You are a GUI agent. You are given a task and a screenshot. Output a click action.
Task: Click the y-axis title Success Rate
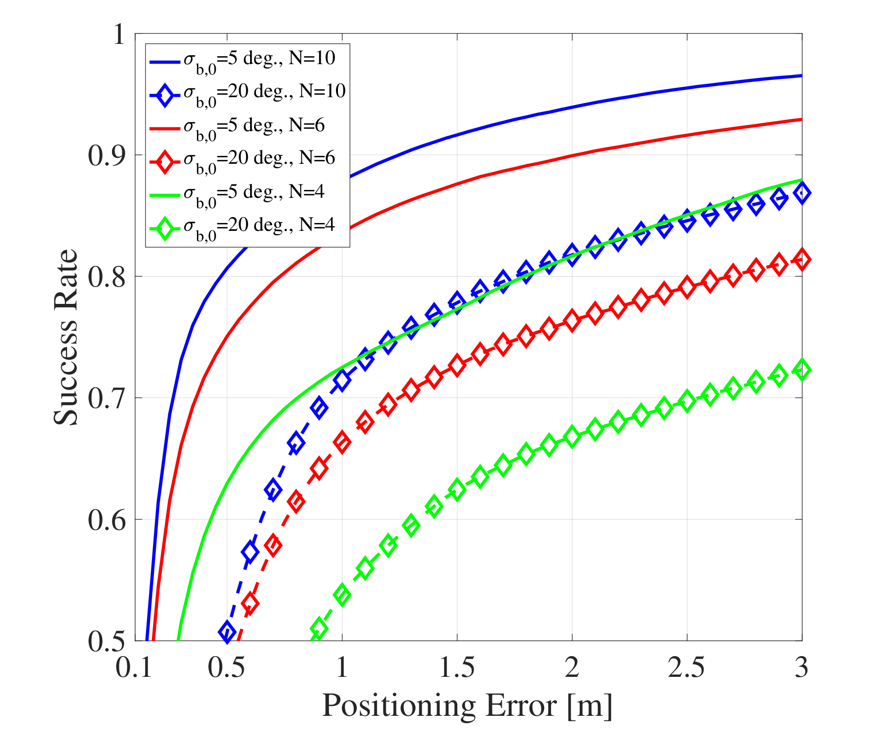pyautogui.click(x=66, y=336)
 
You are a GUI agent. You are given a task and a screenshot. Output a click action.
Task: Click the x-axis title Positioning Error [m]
pyautogui.click(x=467, y=705)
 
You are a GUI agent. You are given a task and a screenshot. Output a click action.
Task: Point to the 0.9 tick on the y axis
pyautogui.click(x=107, y=155)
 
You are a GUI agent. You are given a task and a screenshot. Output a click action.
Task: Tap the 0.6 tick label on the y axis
pyautogui.click(x=107, y=520)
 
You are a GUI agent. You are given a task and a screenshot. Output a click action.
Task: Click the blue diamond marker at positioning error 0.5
pyautogui.click(x=227, y=632)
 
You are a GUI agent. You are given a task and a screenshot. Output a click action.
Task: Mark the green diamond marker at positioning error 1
pyautogui.click(x=342, y=594)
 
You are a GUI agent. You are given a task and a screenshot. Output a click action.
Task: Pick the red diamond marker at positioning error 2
pyautogui.click(x=572, y=321)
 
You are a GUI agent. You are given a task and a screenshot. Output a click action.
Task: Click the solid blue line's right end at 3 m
pyautogui.click(x=801, y=75)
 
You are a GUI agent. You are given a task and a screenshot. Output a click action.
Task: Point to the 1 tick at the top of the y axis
pyautogui.click(x=118, y=35)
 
